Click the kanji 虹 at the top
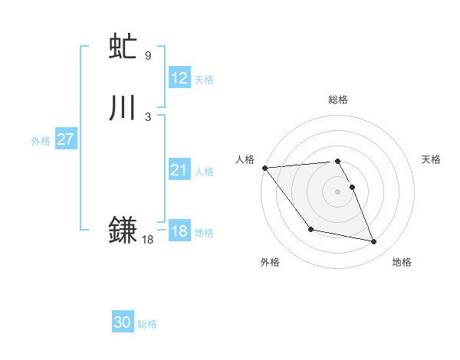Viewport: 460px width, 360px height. [x=123, y=47]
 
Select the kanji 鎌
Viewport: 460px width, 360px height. [x=123, y=230]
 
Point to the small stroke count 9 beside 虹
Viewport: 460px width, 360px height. [x=148, y=56]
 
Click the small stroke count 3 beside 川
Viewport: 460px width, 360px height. [x=148, y=116]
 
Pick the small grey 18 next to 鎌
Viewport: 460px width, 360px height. [x=147, y=240]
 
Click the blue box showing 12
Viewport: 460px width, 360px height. [x=179, y=78]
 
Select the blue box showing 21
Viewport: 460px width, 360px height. [x=179, y=170]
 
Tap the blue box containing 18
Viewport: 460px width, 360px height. [x=179, y=231]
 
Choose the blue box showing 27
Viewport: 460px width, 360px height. [x=65, y=139]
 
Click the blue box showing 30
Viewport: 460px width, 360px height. [x=123, y=322]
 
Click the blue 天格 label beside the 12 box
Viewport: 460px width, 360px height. [x=204, y=80]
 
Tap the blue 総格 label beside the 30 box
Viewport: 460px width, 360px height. [x=147, y=324]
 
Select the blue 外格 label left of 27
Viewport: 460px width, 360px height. [x=41, y=141]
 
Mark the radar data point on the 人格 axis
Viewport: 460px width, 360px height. [x=264, y=168]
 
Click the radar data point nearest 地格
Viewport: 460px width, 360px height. [x=374, y=242]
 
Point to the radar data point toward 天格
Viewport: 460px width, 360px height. [x=352, y=187]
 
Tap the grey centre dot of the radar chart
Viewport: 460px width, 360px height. [x=337, y=191]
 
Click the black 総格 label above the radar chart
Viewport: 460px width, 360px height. [x=337, y=100]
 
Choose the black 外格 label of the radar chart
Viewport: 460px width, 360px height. [x=270, y=262]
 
